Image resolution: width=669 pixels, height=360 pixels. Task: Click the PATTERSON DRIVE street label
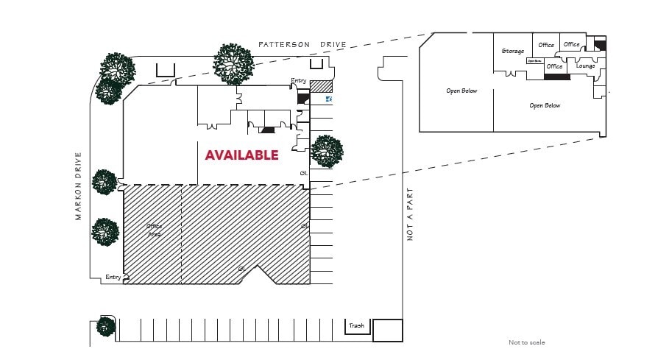tap(302, 45)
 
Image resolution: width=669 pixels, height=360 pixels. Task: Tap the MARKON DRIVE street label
tap(78, 186)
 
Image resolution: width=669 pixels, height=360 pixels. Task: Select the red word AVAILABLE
tap(241, 155)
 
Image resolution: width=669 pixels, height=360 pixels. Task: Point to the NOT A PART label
tap(411, 213)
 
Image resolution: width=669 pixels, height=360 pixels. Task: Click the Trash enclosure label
tap(356, 325)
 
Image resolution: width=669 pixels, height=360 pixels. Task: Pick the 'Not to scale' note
tap(527, 342)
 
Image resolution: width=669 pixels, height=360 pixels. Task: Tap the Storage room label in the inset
tap(512, 51)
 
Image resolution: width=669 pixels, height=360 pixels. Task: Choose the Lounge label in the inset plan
tap(585, 66)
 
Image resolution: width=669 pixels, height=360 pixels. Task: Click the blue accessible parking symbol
tap(329, 99)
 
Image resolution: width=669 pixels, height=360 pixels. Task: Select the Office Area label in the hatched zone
tap(154, 230)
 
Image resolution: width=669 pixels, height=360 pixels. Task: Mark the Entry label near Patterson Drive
tap(298, 81)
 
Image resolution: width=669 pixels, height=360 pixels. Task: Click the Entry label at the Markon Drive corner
tap(113, 277)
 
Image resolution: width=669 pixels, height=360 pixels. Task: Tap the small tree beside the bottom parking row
tap(107, 326)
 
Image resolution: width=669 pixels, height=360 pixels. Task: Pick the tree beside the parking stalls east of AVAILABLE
tap(327, 152)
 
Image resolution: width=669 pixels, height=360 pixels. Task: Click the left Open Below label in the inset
tap(461, 91)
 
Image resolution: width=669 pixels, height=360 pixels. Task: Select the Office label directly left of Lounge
tap(554, 66)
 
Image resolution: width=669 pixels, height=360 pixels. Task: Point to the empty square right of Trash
tap(387, 331)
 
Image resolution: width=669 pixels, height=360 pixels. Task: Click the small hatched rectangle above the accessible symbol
tap(322, 86)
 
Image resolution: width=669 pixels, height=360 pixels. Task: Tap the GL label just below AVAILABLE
tap(303, 173)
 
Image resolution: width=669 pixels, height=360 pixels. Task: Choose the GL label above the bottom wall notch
tap(241, 269)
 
